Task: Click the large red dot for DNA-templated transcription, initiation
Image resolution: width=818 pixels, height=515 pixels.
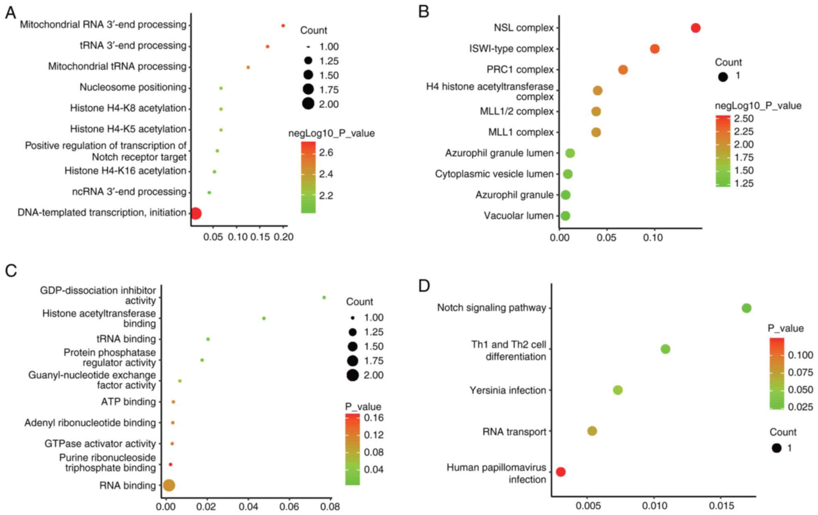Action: tap(196, 214)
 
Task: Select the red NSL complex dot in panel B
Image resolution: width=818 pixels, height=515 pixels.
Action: tap(695, 28)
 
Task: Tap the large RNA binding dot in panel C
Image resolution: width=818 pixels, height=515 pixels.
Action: tap(169, 486)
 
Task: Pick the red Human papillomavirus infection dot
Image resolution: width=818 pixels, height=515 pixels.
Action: tap(560, 472)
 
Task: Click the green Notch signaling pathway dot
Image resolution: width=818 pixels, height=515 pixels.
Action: tap(746, 308)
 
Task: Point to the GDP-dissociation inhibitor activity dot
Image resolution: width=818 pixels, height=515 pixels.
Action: tap(324, 297)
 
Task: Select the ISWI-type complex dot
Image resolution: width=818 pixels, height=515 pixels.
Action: tap(655, 49)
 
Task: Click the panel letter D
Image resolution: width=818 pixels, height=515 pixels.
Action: tap(424, 286)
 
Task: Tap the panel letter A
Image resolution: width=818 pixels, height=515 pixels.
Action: tap(10, 13)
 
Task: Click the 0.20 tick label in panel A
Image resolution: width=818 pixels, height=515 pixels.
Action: tap(283, 237)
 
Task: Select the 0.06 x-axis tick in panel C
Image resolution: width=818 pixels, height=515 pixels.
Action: tap(289, 506)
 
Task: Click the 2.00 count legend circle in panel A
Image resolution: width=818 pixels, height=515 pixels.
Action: tap(308, 104)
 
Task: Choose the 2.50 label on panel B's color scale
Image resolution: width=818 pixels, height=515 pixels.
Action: tap(743, 119)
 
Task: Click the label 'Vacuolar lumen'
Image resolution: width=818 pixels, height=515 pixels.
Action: tap(518, 216)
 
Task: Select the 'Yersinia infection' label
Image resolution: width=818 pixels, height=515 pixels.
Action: tap(508, 390)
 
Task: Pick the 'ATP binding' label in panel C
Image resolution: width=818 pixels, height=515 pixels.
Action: tap(128, 402)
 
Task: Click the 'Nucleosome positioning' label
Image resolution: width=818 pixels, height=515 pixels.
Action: tap(133, 87)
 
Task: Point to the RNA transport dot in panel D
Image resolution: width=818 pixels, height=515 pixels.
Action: tap(592, 431)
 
